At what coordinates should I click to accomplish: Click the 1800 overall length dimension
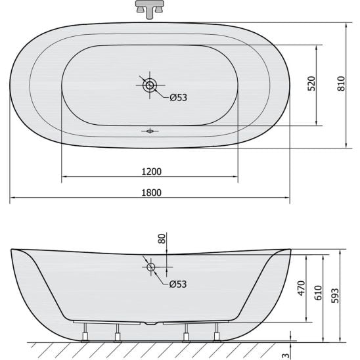coord(151,192)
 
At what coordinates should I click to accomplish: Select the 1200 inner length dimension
coord(151,171)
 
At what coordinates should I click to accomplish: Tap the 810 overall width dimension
coord(341,83)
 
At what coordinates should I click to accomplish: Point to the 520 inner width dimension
coord(311,83)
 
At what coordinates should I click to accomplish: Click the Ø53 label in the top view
coord(179,98)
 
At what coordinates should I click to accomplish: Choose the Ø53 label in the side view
coord(178,284)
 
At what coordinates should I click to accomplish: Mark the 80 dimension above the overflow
coord(162,238)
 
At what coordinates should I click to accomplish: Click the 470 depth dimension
coord(302,288)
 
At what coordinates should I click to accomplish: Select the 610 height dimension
coord(318,293)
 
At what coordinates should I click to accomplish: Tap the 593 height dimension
coord(335,296)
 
